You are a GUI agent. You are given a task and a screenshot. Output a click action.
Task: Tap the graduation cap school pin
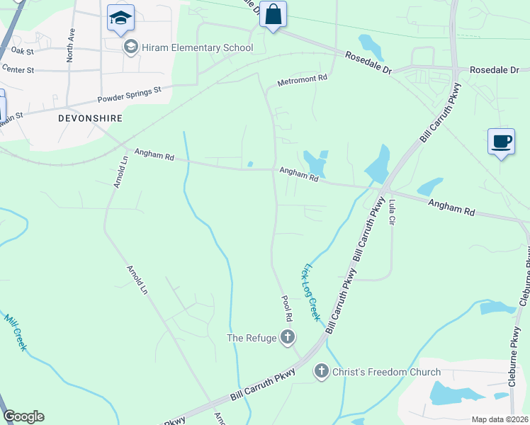pyautogui.click(x=120, y=18)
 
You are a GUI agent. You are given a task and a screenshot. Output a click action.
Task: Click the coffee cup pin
pyautogui.click(x=501, y=141)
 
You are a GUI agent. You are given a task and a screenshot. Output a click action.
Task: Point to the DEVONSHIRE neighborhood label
pyautogui.click(x=91, y=118)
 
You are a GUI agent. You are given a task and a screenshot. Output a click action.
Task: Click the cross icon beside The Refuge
pyautogui.click(x=288, y=338)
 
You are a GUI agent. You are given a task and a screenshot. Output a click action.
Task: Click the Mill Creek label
pyautogui.click(x=16, y=332)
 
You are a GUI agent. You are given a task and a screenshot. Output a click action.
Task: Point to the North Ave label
pyautogui.click(x=71, y=45)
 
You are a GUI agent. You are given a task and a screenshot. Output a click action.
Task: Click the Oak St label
pyautogui.click(x=23, y=51)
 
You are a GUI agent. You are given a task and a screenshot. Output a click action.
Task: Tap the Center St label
pyautogui.click(x=18, y=69)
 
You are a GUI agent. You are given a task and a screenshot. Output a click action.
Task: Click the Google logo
pyautogui.click(x=23, y=416)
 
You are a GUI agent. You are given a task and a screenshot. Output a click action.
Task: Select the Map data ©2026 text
pyautogui.click(x=500, y=419)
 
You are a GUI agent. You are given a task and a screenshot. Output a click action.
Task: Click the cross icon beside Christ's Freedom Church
pyautogui.click(x=321, y=371)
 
